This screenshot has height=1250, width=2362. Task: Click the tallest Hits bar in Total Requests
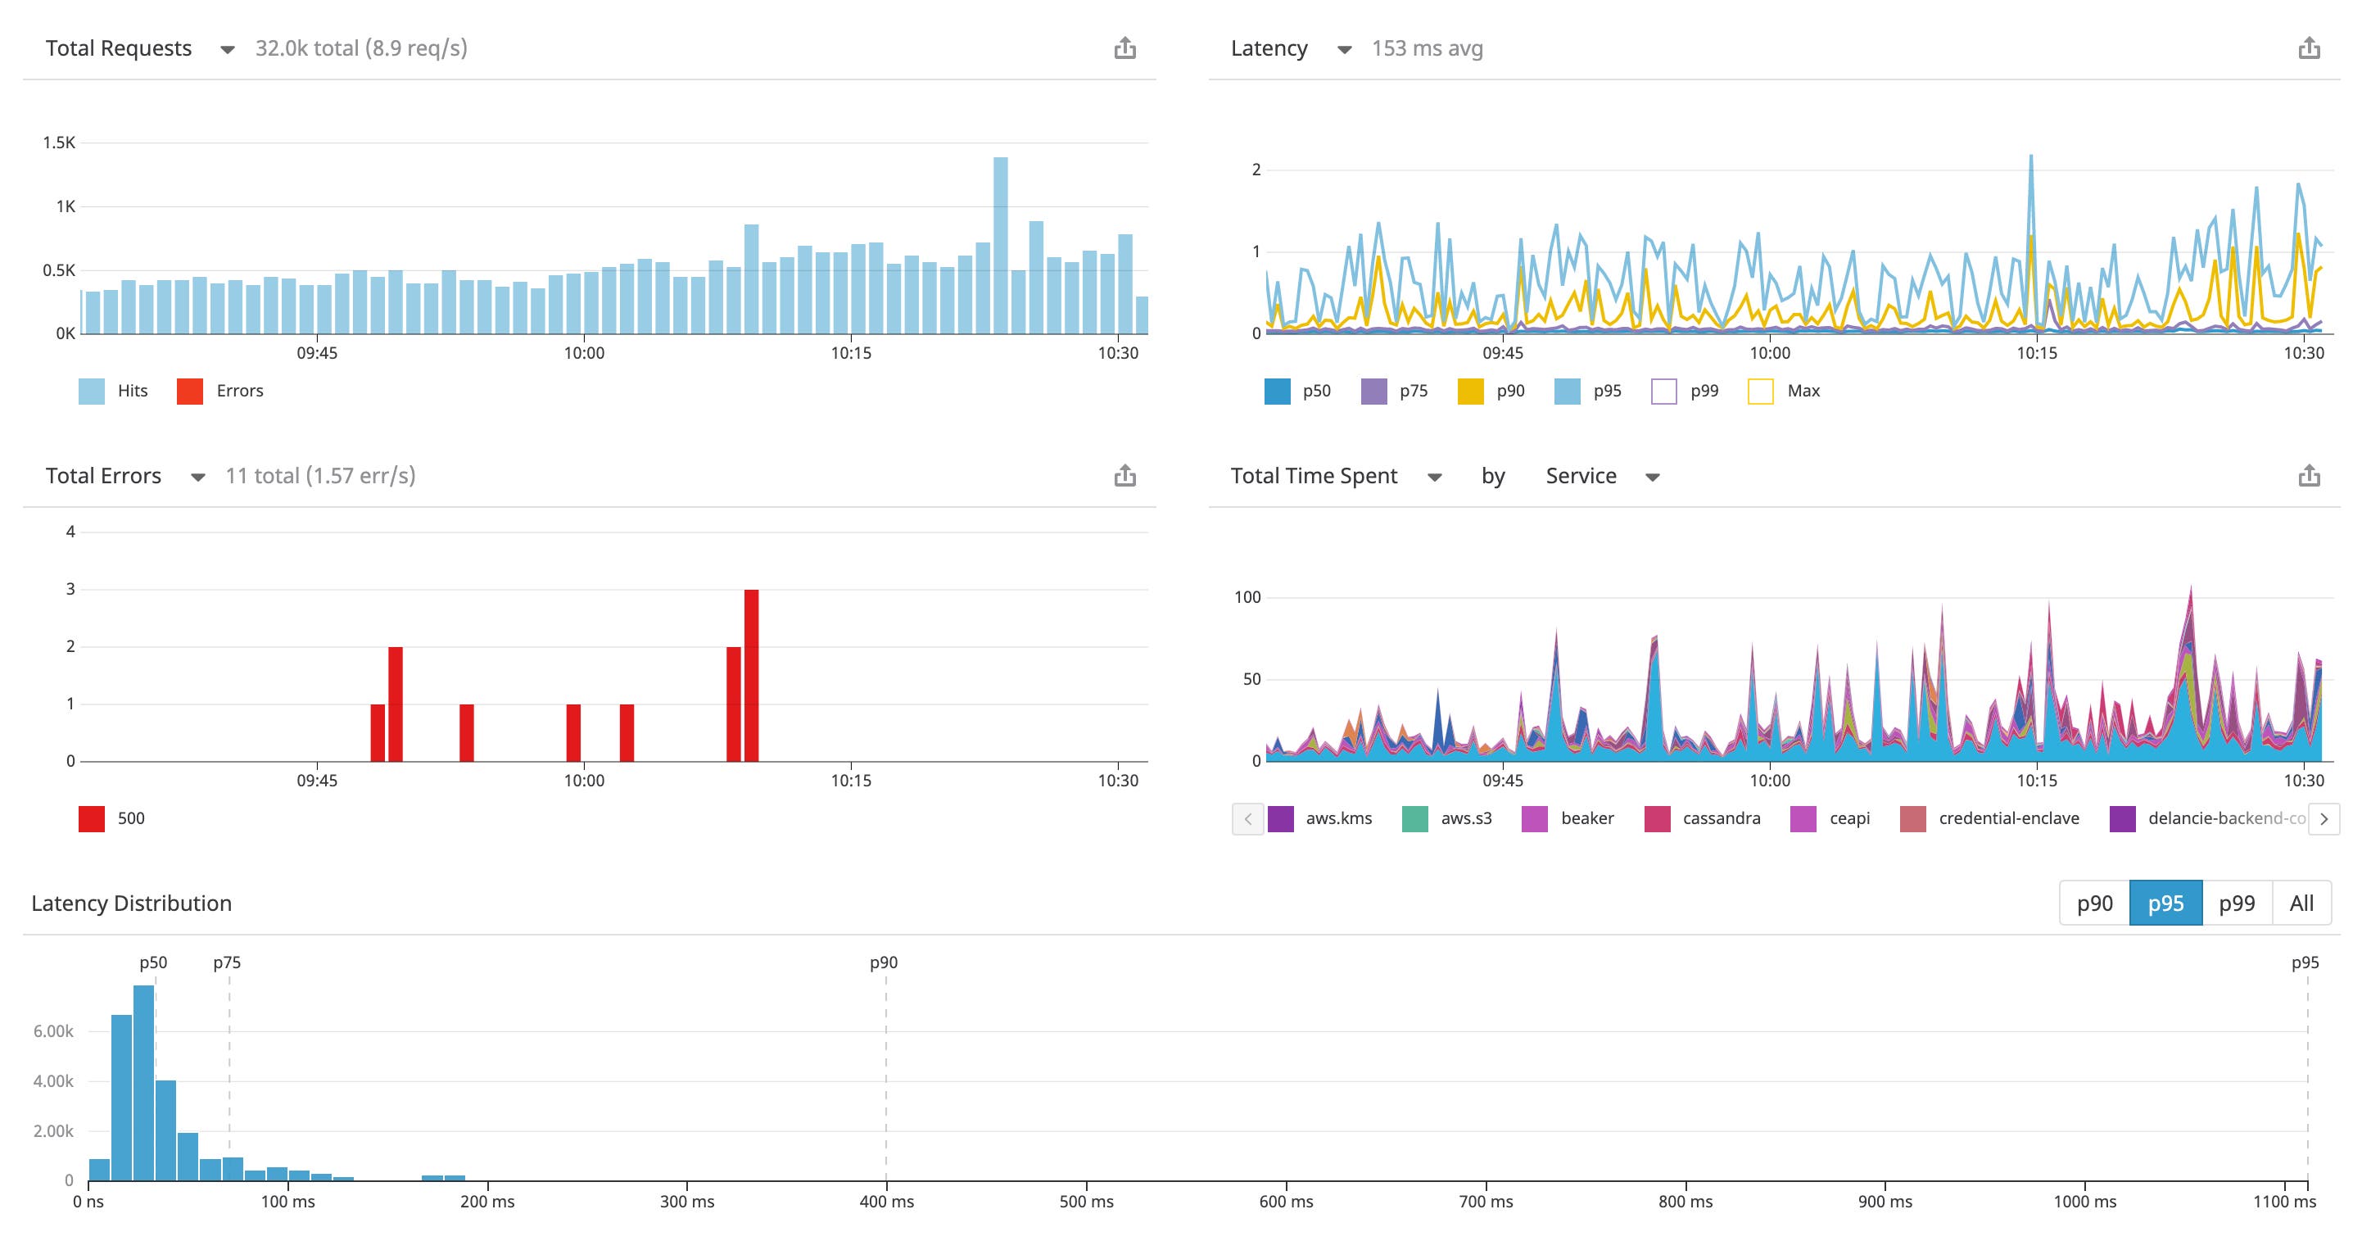[x=1000, y=245]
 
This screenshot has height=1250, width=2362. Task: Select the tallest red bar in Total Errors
[x=751, y=675]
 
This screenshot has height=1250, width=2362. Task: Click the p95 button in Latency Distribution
[x=2165, y=904]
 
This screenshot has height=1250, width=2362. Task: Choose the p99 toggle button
[x=2237, y=904]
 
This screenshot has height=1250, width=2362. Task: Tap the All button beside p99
[x=2301, y=904]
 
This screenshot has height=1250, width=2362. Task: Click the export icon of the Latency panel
[x=2309, y=48]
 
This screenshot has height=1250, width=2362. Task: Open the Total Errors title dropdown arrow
[x=197, y=477]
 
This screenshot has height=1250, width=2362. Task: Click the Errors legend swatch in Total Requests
[x=190, y=392]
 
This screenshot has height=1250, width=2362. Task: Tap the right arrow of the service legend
[x=2324, y=819]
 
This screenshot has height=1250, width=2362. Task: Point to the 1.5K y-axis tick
[x=59, y=143]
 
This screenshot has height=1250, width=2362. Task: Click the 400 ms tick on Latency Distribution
[x=886, y=1202]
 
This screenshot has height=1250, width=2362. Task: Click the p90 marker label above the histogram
[x=883, y=962]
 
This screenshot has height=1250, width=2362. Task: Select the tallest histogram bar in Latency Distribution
[x=144, y=1082]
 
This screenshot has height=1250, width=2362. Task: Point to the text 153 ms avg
[x=1427, y=48]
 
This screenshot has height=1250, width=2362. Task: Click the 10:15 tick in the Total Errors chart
[x=850, y=781]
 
